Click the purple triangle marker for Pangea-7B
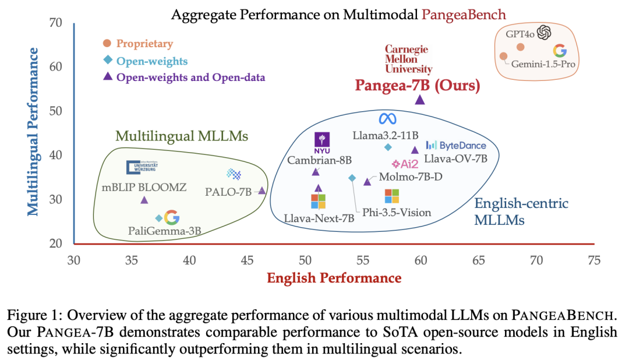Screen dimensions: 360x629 click(419, 100)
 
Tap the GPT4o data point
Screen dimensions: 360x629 click(520, 47)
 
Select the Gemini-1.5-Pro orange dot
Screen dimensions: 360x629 click(503, 57)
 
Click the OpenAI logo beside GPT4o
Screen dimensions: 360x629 click(544, 33)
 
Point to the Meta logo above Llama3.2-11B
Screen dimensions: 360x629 click(387, 118)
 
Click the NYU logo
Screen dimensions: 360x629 click(322, 140)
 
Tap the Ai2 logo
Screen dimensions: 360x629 click(406, 164)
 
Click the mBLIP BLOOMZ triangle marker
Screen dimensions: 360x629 click(144, 200)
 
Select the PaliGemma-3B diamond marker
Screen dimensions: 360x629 click(159, 218)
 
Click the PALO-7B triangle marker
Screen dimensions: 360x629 click(262, 190)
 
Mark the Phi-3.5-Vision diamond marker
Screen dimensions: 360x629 click(352, 178)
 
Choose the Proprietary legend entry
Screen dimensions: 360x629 click(139, 44)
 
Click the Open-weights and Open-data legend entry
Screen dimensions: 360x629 click(185, 77)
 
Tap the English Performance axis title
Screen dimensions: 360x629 click(334, 278)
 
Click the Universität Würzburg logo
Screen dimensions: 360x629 click(141, 167)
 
